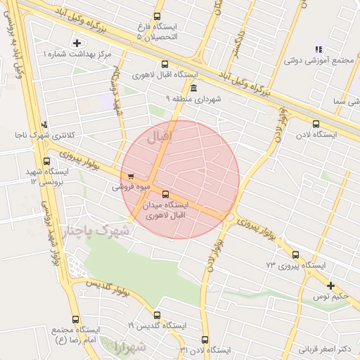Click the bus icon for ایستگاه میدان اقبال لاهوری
pos(165,194)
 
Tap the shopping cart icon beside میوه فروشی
pos(130,176)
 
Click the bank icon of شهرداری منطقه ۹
pos(193,87)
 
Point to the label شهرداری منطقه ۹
pos(193,99)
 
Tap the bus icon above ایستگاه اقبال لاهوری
pos(165,62)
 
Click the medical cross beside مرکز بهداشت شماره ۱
pos(77,44)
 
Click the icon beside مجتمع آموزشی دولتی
pos(318,49)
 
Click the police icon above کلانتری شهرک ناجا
pos(46,123)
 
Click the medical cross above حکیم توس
pos(330,285)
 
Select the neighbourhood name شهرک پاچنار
pos(97,231)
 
